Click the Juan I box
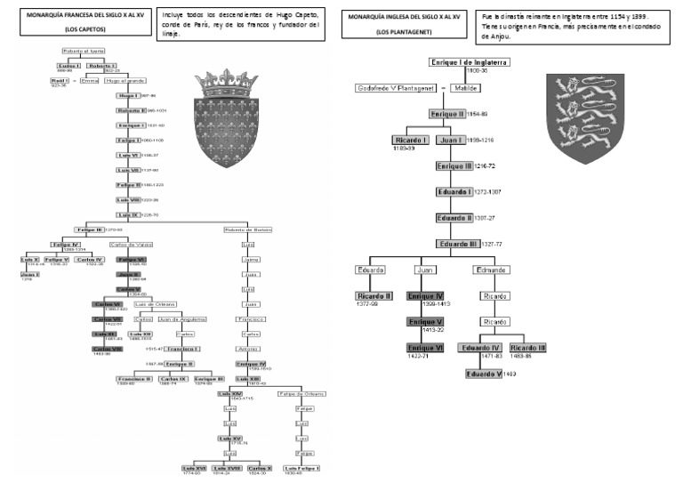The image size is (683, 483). (452, 140)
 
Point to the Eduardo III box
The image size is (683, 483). (458, 243)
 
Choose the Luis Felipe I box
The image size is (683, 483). (302, 467)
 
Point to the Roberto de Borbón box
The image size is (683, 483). (247, 229)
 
